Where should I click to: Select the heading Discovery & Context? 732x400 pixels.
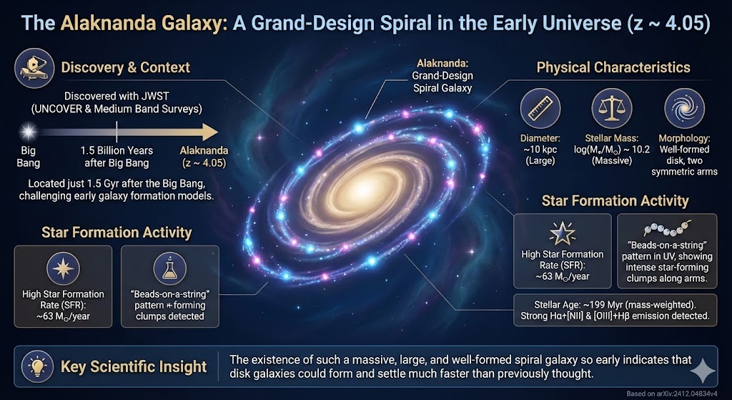126,68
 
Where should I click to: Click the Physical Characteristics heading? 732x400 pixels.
613,68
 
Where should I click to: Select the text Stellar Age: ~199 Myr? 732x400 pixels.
572,302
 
